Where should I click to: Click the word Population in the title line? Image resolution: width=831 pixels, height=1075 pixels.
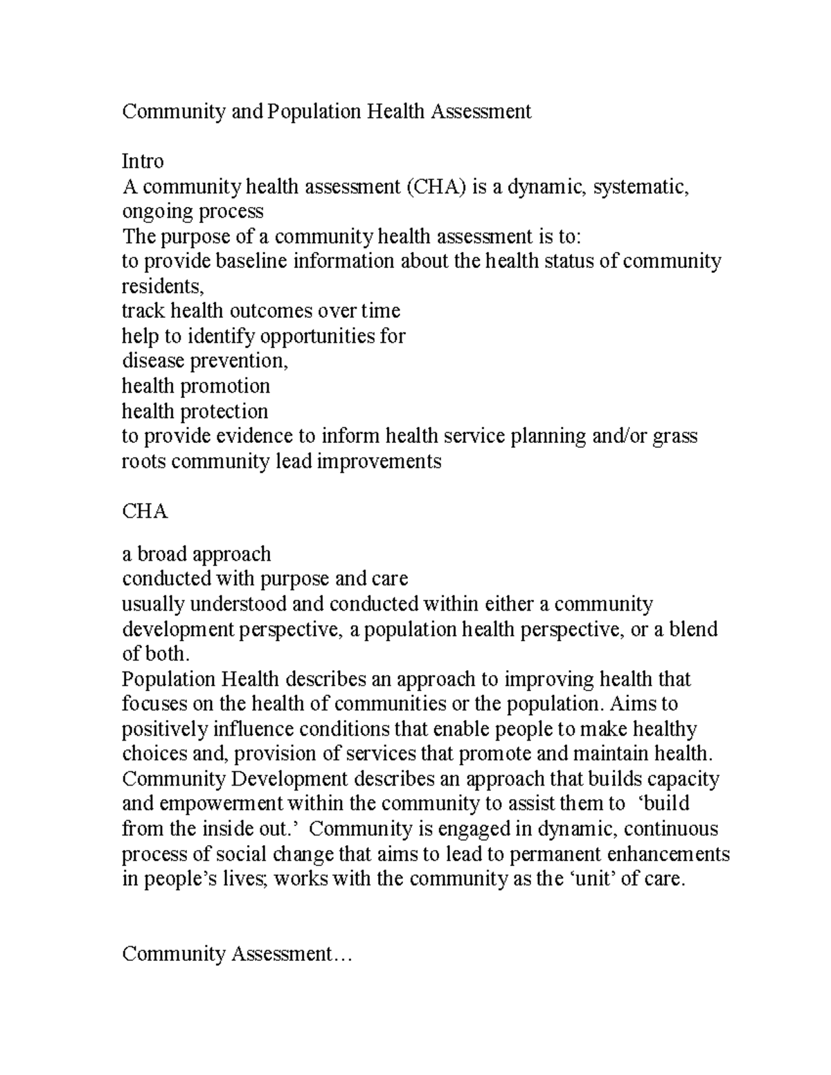click(314, 111)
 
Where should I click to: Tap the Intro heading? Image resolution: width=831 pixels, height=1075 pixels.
click(143, 161)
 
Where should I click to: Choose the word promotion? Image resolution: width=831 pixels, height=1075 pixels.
click(225, 386)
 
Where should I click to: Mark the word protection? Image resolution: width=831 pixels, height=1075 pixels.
click(224, 411)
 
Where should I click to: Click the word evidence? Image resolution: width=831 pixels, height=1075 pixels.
click(256, 436)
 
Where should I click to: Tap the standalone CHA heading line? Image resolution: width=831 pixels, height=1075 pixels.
click(145, 512)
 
